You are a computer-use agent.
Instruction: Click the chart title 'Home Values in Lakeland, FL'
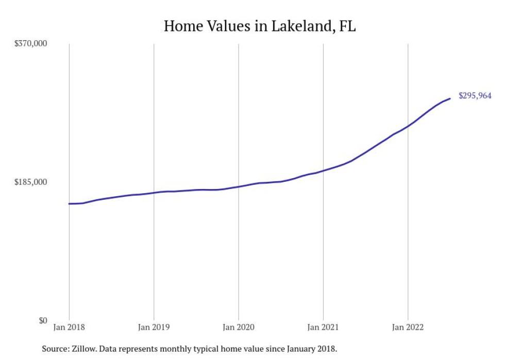pos(259,26)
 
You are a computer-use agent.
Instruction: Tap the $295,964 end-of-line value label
pos(475,96)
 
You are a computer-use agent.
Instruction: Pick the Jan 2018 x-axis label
pos(69,327)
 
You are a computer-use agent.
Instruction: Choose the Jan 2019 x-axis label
pos(154,327)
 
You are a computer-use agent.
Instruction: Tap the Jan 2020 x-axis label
pos(238,327)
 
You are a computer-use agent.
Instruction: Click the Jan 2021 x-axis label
pos(323,327)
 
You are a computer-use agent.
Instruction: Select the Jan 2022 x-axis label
pos(408,327)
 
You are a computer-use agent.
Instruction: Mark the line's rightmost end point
pos(450,98)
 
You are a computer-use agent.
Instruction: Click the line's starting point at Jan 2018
pos(69,204)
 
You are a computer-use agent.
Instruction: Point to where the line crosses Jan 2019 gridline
pos(154,193)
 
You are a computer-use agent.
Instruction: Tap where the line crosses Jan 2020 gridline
pos(238,186)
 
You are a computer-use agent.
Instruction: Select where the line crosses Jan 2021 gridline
pos(323,170)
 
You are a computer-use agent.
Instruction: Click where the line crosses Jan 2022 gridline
pos(408,126)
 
